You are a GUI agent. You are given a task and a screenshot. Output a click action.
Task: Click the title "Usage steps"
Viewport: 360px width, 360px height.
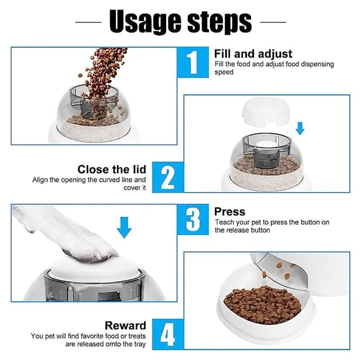pos(180,21)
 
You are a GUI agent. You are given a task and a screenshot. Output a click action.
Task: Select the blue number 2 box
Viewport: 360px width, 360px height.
pos(168,177)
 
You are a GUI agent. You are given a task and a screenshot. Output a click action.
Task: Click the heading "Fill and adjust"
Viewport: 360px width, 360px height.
pos(253,54)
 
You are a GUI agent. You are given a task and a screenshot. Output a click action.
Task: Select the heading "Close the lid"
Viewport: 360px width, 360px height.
pos(112,169)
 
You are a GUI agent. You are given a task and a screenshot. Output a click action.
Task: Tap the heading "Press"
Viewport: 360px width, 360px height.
pos(229,212)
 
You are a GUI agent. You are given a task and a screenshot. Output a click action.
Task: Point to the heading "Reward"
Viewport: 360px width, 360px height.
pos(125,326)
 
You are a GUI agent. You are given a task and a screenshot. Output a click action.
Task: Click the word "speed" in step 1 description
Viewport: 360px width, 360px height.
pos(224,72)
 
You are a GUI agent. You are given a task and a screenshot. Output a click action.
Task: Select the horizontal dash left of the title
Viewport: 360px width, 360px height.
pos(88,22)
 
